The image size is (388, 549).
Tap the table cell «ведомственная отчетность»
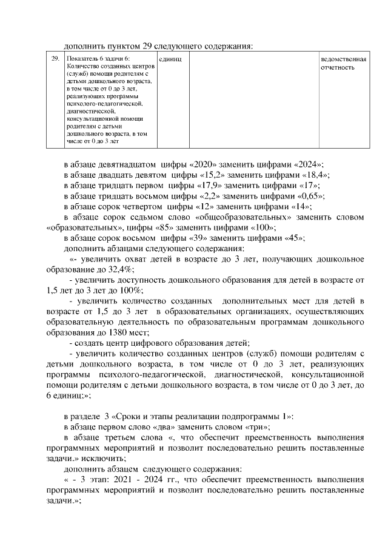343,64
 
